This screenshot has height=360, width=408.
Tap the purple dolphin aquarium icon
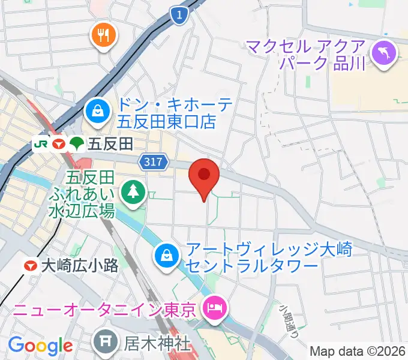pos(383,52)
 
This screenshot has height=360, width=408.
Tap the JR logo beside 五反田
pos(41,143)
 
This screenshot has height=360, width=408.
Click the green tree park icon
pos(131,192)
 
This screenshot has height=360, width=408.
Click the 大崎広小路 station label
pos(79,266)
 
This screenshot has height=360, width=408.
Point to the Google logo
pos(40,346)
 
